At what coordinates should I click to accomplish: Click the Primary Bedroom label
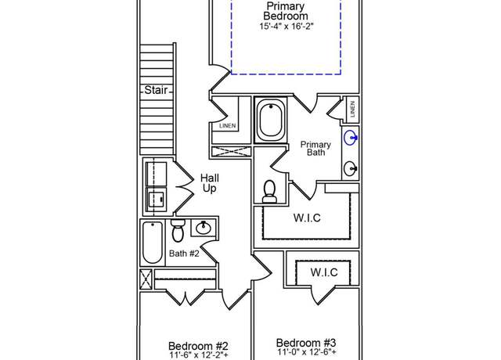coord(286,11)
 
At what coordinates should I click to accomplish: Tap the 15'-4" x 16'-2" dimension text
coord(287,26)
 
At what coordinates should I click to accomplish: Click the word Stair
coord(156,90)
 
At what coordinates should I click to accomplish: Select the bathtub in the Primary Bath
coord(271,120)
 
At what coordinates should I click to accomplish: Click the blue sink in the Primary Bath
coord(351,138)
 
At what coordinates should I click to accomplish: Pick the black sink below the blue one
coord(351,168)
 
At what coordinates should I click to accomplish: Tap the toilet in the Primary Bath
coord(269,192)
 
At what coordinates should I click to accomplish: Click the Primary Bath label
coord(315,149)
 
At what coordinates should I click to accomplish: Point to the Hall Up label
coord(210,183)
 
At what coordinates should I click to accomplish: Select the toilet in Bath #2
coord(178,231)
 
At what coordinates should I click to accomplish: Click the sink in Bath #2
coord(204,228)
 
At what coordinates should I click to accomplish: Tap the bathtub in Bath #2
coord(153,243)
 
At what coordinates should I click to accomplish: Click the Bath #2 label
coord(184,254)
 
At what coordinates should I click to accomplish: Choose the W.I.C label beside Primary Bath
coord(307,218)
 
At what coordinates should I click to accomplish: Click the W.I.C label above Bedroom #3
coord(324,272)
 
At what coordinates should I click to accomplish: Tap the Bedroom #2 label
coord(198,346)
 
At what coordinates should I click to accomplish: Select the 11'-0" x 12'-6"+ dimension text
coord(307,352)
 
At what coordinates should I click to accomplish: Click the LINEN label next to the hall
coord(228,126)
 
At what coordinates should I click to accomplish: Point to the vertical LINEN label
coord(352,110)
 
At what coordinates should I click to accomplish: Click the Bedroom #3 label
coord(306,343)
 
